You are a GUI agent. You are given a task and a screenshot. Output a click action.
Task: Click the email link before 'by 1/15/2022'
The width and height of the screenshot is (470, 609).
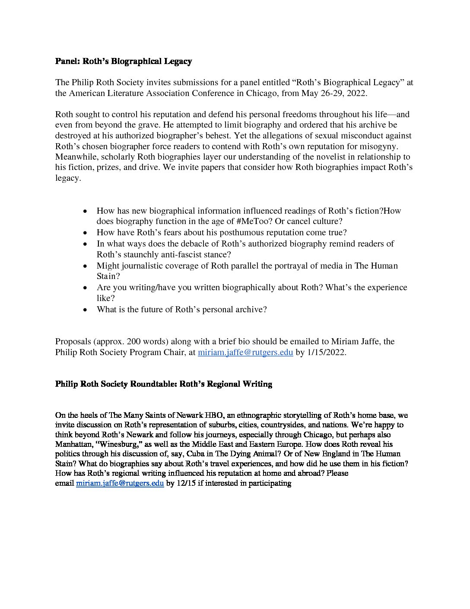click(245, 352)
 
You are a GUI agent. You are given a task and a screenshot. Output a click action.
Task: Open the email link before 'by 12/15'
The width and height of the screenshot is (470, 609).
click(120, 483)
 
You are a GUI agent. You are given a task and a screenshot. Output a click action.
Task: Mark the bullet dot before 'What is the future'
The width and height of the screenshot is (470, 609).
click(86, 310)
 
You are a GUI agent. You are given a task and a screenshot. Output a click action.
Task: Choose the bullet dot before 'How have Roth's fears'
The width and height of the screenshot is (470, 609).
click(86, 233)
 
